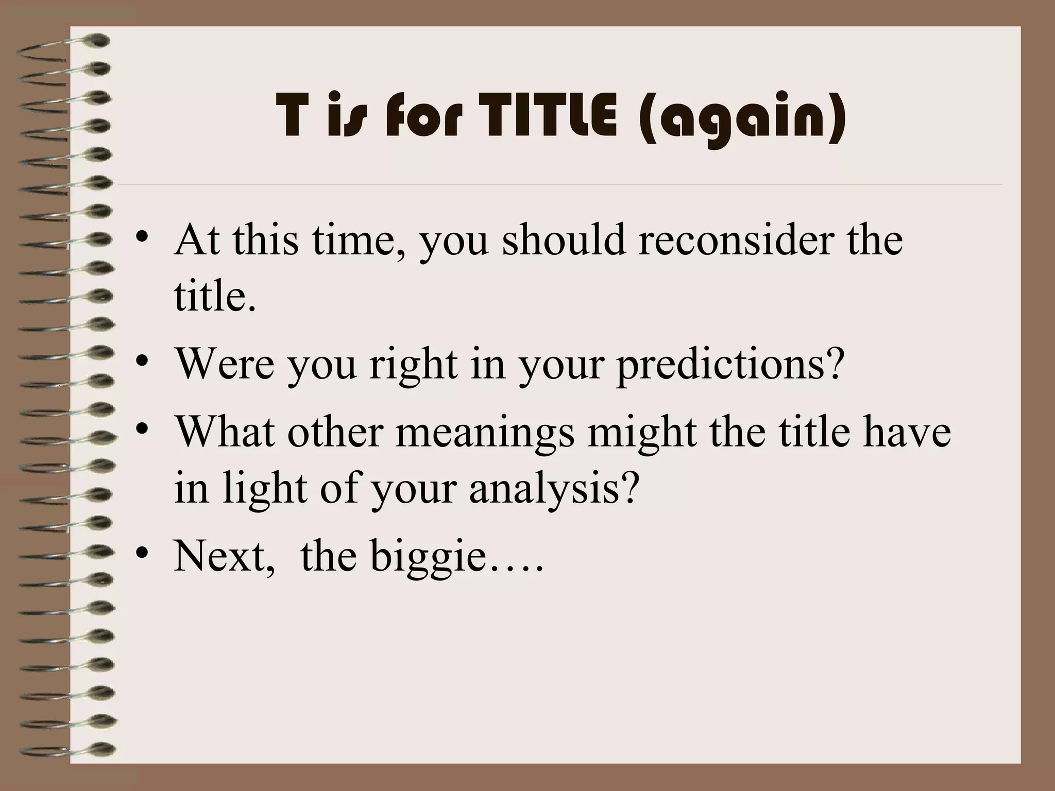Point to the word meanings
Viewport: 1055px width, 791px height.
[485, 432]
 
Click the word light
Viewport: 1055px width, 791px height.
[265, 488]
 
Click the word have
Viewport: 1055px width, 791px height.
[907, 432]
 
